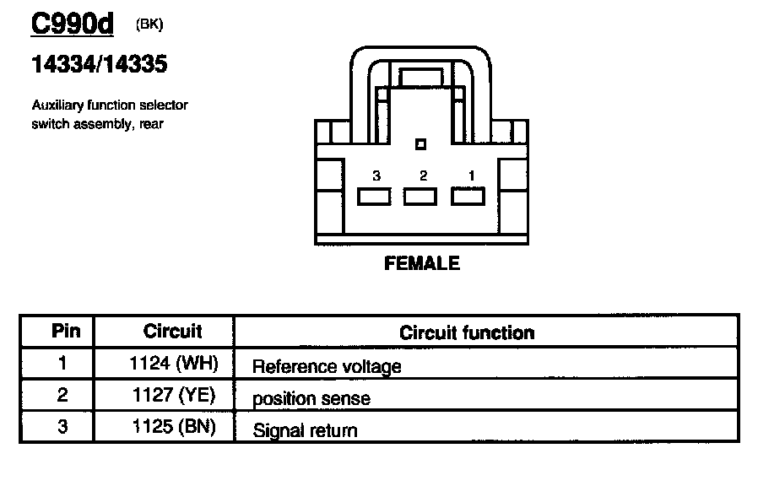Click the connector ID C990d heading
click(x=72, y=25)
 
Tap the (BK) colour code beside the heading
click(x=149, y=24)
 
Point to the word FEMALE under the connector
click(x=422, y=263)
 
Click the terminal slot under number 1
click(x=468, y=197)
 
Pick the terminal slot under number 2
click(x=420, y=197)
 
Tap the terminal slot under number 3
click(x=373, y=197)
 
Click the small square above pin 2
click(x=421, y=144)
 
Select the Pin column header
click(x=66, y=330)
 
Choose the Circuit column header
click(x=172, y=330)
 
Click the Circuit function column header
click(x=467, y=332)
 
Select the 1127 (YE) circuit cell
click(x=174, y=396)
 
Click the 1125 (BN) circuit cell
click(x=174, y=427)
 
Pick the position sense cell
click(x=311, y=398)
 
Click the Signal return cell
click(x=305, y=430)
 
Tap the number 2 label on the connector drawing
click(x=423, y=175)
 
